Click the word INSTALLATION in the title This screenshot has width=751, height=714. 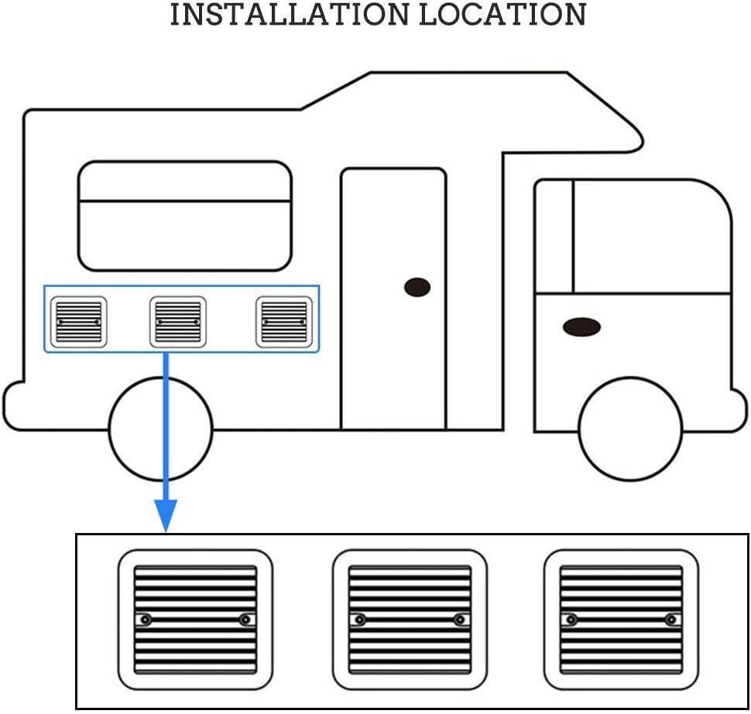click(x=290, y=15)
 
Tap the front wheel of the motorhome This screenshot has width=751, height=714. click(x=630, y=429)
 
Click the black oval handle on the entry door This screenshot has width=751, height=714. click(x=417, y=287)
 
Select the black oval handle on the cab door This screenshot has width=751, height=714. click(x=581, y=327)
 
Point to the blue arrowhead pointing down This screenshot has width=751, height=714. click(x=166, y=515)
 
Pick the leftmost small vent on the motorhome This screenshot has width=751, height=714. click(x=78, y=322)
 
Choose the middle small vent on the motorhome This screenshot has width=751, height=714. click(x=177, y=322)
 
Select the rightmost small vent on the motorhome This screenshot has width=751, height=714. click(x=284, y=322)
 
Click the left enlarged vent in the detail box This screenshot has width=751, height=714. click(x=195, y=620)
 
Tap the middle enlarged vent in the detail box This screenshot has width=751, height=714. click(x=410, y=620)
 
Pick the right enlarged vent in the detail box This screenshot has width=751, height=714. click(x=621, y=620)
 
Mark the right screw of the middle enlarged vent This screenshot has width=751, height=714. click(x=461, y=620)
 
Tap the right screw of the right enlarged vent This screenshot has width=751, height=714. click(x=671, y=620)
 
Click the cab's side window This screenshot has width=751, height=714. click(x=651, y=237)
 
